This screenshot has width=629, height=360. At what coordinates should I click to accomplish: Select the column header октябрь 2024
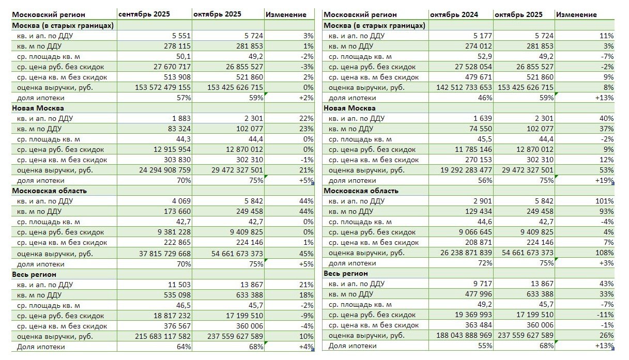[450, 14]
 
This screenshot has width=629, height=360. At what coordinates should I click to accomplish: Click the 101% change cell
[606, 201]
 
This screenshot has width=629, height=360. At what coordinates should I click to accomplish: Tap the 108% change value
[606, 253]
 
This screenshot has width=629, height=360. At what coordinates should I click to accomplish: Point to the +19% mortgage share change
[604, 180]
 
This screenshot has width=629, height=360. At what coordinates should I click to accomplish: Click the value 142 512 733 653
[464, 87]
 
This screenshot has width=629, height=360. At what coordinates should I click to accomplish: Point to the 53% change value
[607, 170]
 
